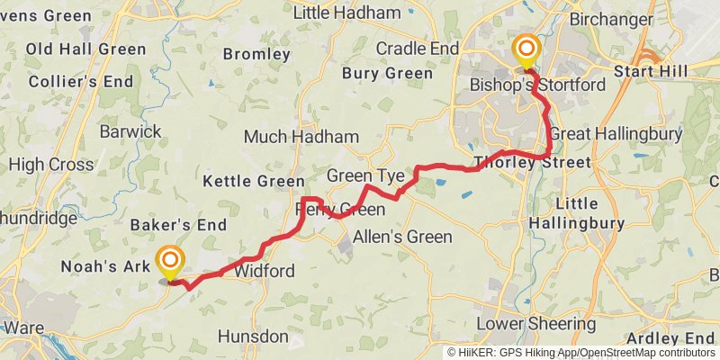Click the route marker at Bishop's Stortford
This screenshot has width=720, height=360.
526,49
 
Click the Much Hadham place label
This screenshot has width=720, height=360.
301,137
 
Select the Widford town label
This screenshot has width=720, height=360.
264,271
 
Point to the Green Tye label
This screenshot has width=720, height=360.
365,175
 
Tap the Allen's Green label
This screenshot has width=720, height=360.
402,237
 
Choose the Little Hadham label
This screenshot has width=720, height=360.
347,13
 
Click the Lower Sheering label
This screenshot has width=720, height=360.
535,323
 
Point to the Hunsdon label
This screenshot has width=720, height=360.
253,337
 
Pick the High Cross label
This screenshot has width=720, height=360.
51,165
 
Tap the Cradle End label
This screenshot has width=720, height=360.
417,48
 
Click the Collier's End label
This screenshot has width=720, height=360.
69,80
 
